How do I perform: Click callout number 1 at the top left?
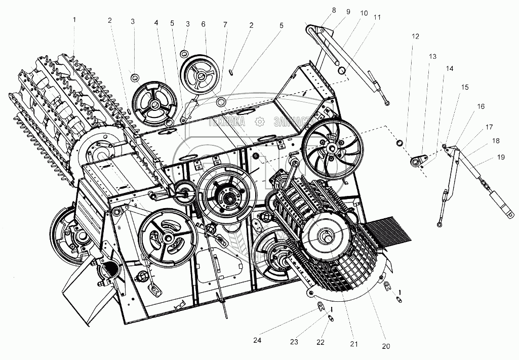click(74, 20)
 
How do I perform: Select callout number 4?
click(156, 23)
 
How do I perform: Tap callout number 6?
click(203, 24)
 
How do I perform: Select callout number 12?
click(415, 36)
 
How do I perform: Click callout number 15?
click(465, 87)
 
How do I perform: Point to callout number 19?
click(501, 157)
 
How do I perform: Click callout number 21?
click(354, 344)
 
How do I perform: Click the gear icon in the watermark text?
click(259, 122)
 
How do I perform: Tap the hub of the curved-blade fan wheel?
click(332, 147)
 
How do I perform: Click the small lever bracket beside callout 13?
click(417, 162)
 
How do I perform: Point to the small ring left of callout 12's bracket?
click(400, 144)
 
